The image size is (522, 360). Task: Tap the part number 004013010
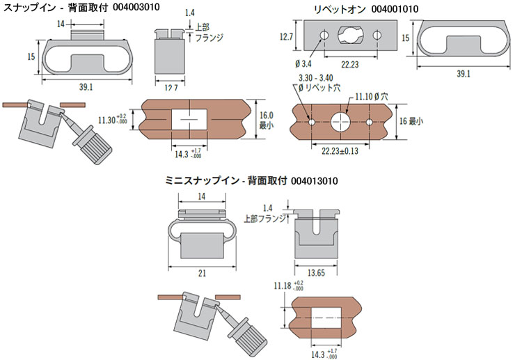(x=308, y=181)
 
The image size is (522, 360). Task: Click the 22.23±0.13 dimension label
(x=342, y=150)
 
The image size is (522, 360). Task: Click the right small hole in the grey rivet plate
(x=377, y=36)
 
